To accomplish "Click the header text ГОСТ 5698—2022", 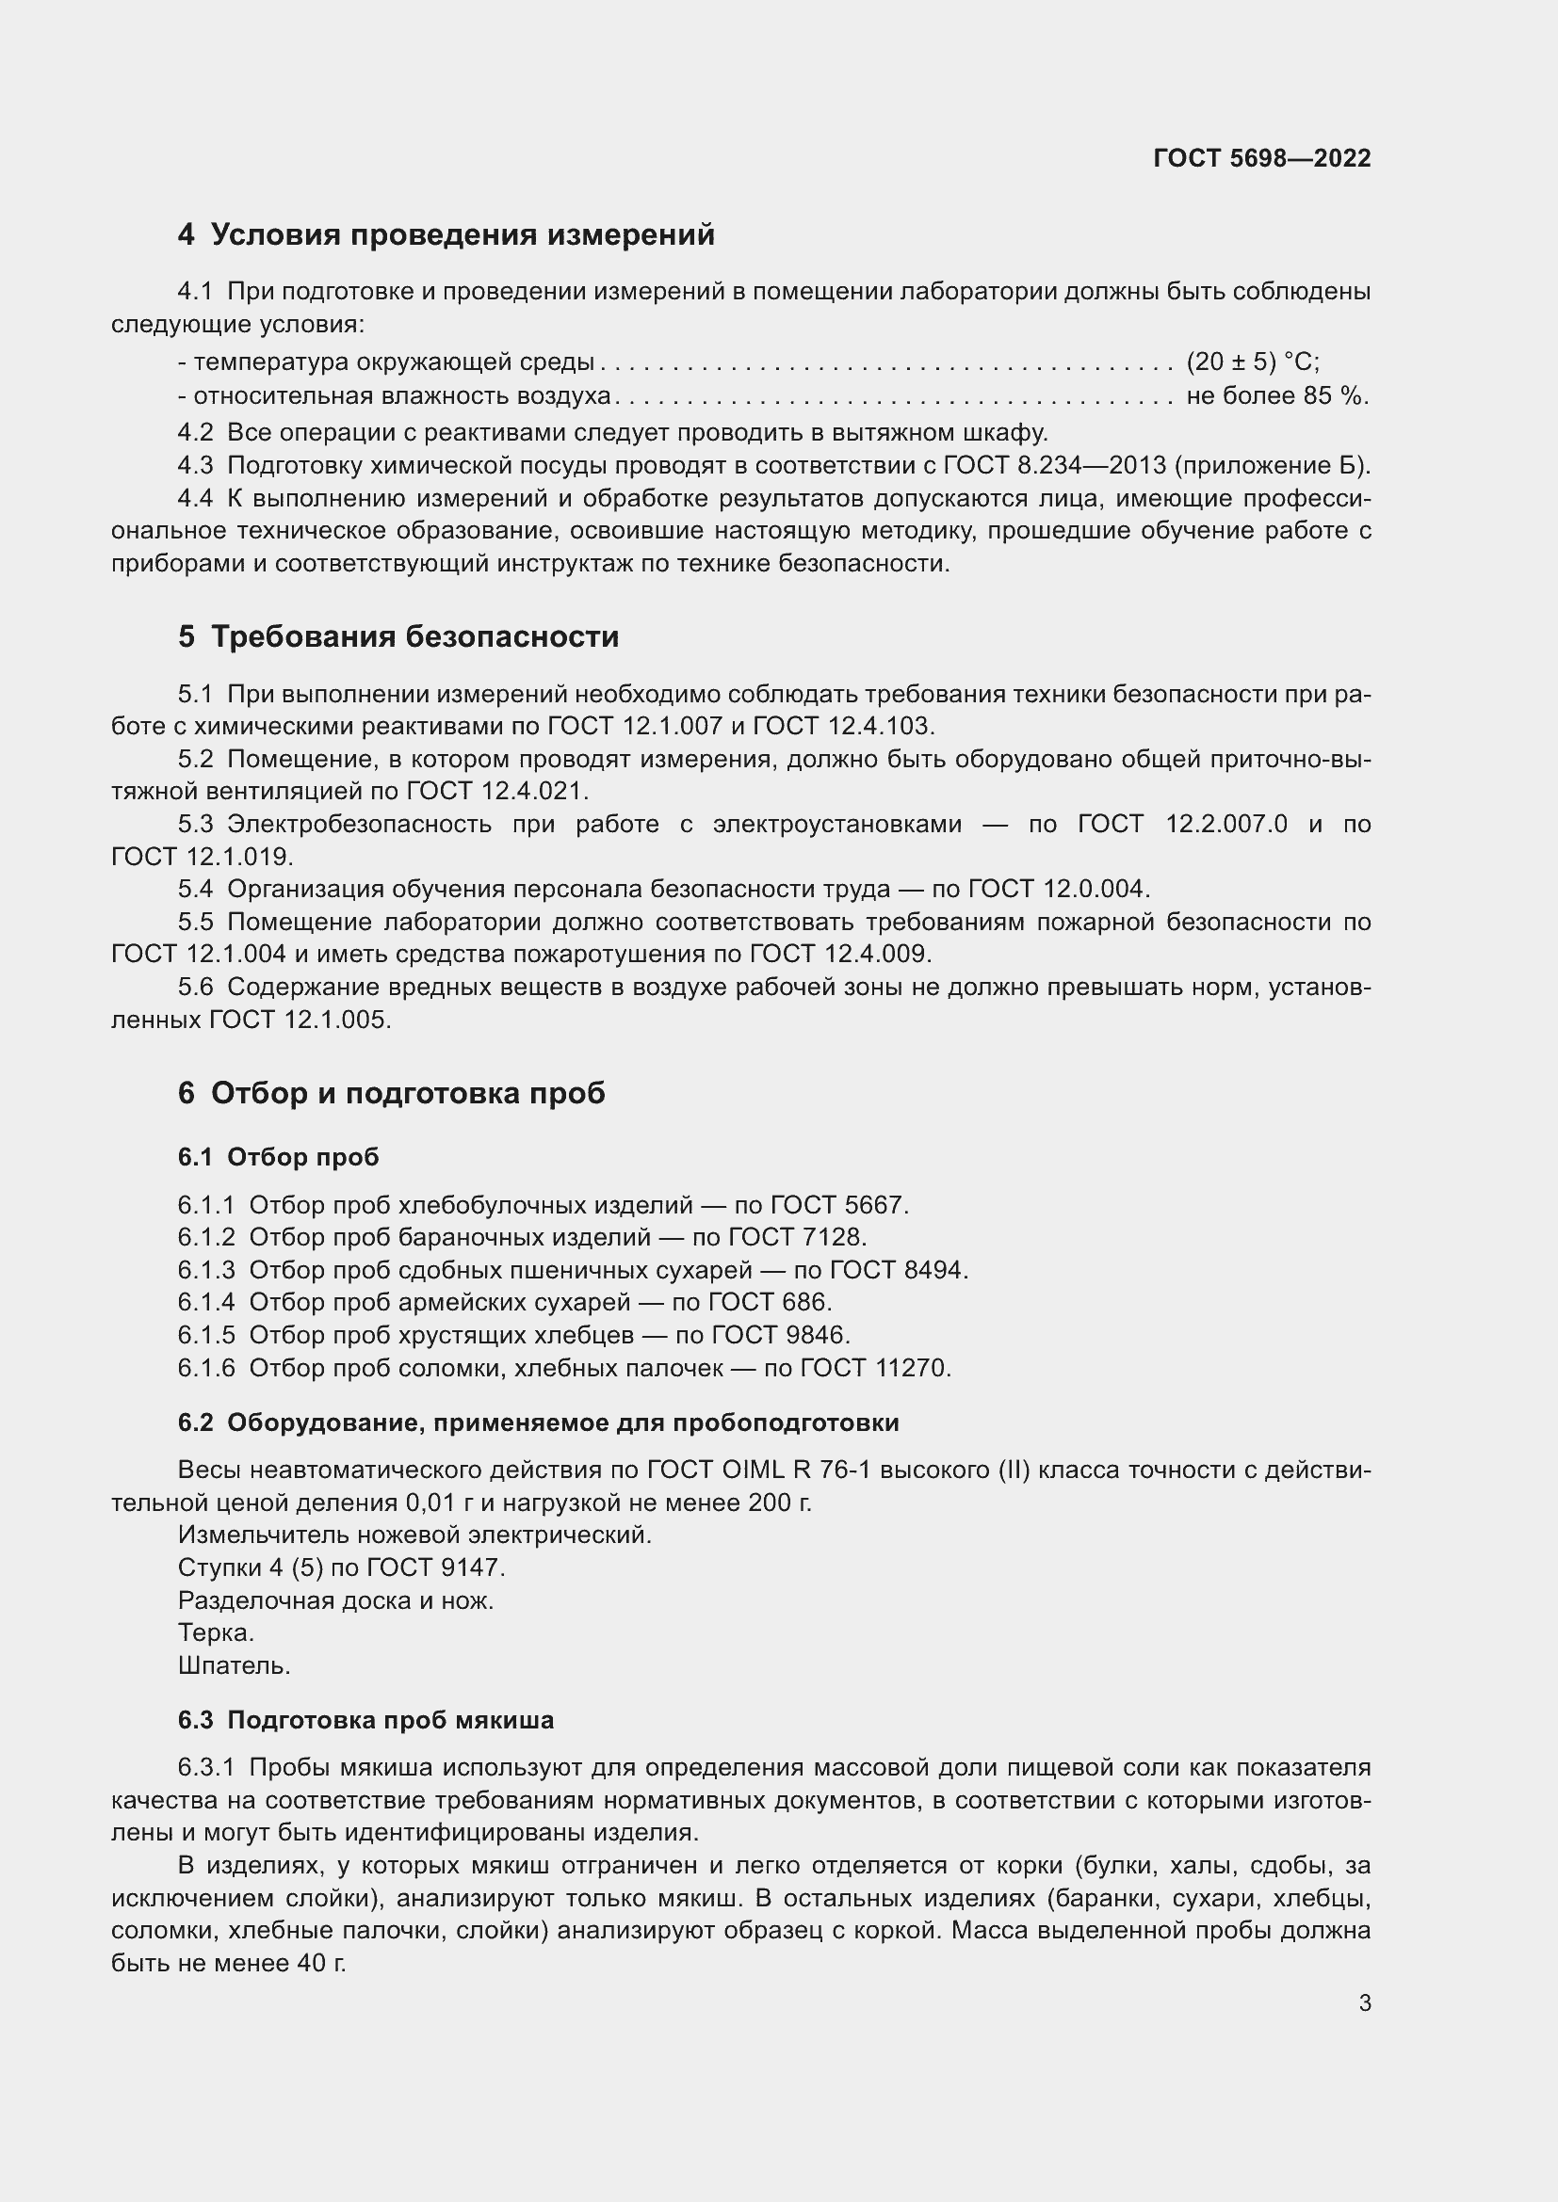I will click(x=1261, y=159).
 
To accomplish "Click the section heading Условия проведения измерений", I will click(x=462, y=235).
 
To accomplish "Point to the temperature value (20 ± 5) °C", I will click(x=1252, y=362).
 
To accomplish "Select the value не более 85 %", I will click(x=1277, y=396).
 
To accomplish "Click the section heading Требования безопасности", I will click(x=414, y=636).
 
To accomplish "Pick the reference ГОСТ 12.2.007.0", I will click(x=1182, y=824).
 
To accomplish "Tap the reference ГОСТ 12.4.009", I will click(x=839, y=955).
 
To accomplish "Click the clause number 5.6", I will click(x=195, y=987).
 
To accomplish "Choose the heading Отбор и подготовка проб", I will click(x=408, y=1093).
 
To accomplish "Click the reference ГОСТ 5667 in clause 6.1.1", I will click(x=839, y=1206).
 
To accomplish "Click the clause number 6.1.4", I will click(x=205, y=1302).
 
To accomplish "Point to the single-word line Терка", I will click(x=216, y=1633).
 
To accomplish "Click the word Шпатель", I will click(x=235, y=1666).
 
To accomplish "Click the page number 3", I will click(x=1364, y=2003).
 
